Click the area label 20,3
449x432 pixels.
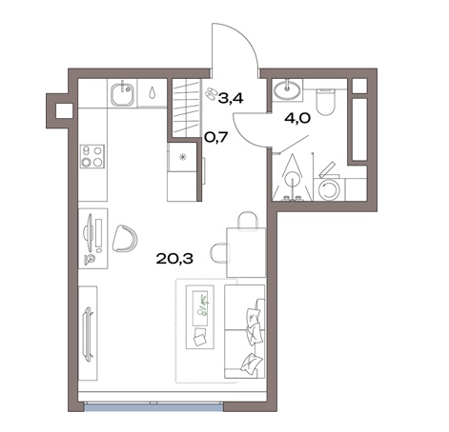click(174, 259)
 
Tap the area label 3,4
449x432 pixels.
click(231, 99)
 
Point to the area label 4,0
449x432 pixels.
click(297, 119)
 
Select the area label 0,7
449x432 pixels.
click(216, 137)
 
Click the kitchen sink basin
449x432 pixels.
click(122, 92)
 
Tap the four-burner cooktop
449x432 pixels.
click(92, 156)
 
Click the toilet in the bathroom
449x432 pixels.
click(325, 101)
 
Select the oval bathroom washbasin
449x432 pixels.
click(287, 89)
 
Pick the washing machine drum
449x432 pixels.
click(330, 189)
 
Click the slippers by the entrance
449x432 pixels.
click(210, 94)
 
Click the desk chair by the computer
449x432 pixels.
click(125, 239)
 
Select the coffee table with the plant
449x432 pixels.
click(200, 317)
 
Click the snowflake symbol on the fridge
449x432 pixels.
click(182, 157)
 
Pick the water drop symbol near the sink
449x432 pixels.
click(153, 92)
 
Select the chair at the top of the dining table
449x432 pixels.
click(248, 220)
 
